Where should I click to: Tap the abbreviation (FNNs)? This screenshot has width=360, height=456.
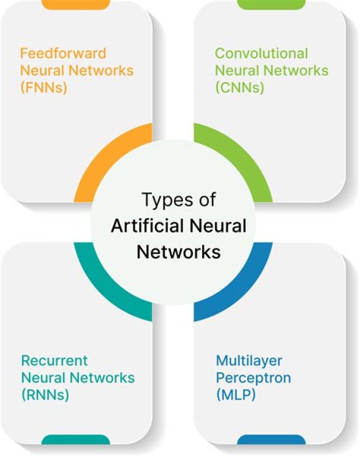tap(43, 87)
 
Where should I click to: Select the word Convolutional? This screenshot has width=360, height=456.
tap(261, 53)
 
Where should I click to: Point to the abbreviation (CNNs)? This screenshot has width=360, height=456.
tap(239, 87)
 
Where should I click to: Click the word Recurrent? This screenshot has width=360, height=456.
tap(54, 360)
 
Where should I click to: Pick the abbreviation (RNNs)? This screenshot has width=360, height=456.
tap(44, 394)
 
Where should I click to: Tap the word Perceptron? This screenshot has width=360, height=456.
tap(253, 377)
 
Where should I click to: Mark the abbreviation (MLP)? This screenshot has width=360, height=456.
tap(236, 394)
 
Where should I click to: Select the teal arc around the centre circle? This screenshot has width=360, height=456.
tap(102, 293)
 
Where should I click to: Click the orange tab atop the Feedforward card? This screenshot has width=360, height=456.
tap(75, 5)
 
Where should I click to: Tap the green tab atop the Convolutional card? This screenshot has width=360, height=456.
tap(271, 5)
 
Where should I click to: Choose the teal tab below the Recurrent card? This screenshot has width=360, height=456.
tap(75, 440)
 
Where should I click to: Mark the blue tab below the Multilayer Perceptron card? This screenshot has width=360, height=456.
tap(271, 440)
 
